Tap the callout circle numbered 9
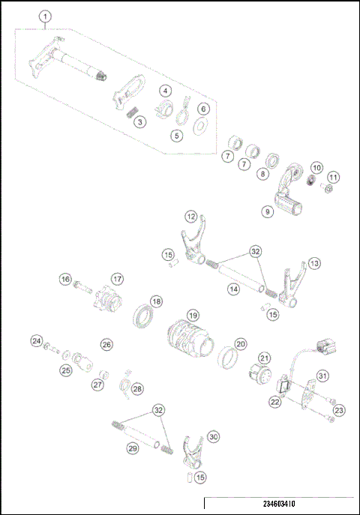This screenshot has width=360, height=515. pyautogui.click(x=268, y=212)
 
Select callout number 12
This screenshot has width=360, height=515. pyautogui.click(x=191, y=216)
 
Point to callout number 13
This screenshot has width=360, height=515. pyautogui.click(x=313, y=263)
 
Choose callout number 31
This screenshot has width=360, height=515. pyautogui.click(x=322, y=376)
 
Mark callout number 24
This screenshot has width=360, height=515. pyautogui.click(x=36, y=341)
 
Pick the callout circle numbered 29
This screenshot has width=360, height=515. pyautogui.click(x=132, y=448)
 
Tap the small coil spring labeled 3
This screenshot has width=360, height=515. pyautogui.click(x=133, y=112)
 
